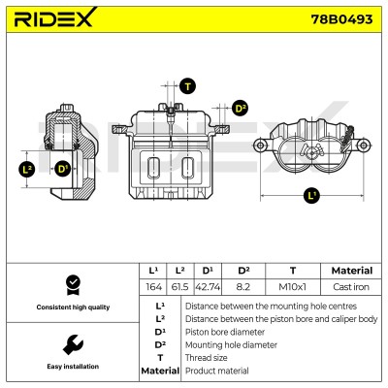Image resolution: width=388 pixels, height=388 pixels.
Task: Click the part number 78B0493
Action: pyautogui.click(x=341, y=19)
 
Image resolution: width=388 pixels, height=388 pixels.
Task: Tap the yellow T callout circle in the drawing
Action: pyautogui.click(x=188, y=86)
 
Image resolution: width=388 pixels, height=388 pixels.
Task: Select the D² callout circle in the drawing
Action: pyautogui.click(x=240, y=108)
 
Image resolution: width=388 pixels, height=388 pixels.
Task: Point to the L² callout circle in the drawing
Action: pyautogui.click(x=27, y=169)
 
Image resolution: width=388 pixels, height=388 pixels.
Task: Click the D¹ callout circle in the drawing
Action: pyautogui.click(x=62, y=169)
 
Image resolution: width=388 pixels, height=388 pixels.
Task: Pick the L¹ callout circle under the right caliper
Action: pyautogui.click(x=311, y=195)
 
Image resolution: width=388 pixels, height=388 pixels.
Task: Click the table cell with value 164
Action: pyautogui.click(x=153, y=287)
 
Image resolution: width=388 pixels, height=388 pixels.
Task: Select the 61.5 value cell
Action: pyautogui.click(x=180, y=287)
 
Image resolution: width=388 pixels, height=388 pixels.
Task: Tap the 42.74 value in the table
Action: pyautogui.click(x=208, y=287)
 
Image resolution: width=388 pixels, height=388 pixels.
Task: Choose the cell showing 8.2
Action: pyautogui.click(x=243, y=287)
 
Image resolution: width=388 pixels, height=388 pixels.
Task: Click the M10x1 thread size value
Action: pyautogui.click(x=293, y=287)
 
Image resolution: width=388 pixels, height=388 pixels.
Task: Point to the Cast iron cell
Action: pyautogui.click(x=351, y=287)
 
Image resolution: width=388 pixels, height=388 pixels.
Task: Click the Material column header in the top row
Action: pyautogui.click(x=352, y=271)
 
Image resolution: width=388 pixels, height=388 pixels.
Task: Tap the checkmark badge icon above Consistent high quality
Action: pyautogui.click(x=73, y=285)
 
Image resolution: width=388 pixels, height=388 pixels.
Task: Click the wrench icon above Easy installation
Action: pyautogui.click(x=73, y=345)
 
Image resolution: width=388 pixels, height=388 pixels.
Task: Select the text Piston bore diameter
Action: pyautogui.click(x=225, y=332)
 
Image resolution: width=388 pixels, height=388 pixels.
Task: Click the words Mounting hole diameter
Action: pyautogui.click(x=231, y=345)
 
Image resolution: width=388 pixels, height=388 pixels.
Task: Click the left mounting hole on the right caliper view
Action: pyautogui.click(x=260, y=145)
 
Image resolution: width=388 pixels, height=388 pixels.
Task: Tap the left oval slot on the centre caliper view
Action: pyautogui.click(x=153, y=168)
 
